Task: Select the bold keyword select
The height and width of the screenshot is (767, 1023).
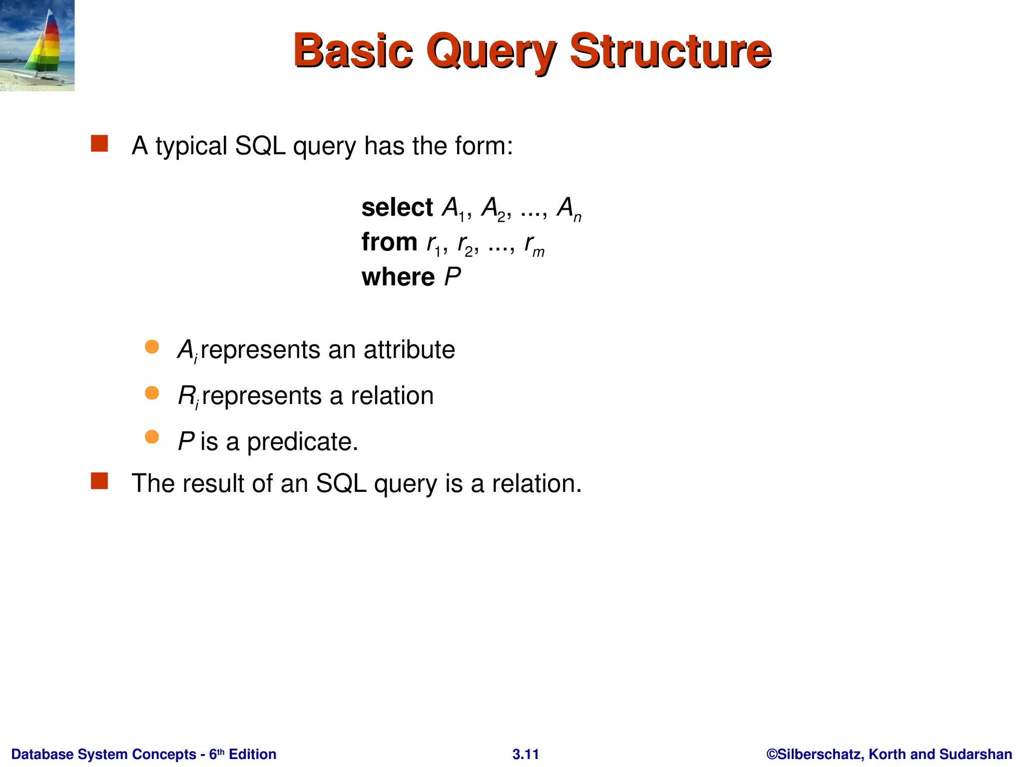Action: coord(397,207)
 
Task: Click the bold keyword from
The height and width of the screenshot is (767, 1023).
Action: coord(389,242)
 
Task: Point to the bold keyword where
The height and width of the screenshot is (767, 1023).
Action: coord(398,277)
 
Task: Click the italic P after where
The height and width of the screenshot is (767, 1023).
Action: coord(453,277)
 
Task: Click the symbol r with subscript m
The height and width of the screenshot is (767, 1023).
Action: coord(533,244)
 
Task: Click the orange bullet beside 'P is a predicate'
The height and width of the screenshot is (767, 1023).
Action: coord(152,437)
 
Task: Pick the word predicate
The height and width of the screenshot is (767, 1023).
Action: coord(302,442)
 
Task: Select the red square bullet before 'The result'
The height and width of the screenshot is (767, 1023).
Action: coord(99,481)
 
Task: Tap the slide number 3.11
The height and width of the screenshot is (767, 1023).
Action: coord(525,754)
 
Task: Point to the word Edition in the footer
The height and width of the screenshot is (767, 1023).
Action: coord(252,754)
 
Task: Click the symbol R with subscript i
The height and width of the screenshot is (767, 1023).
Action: coord(188,396)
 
